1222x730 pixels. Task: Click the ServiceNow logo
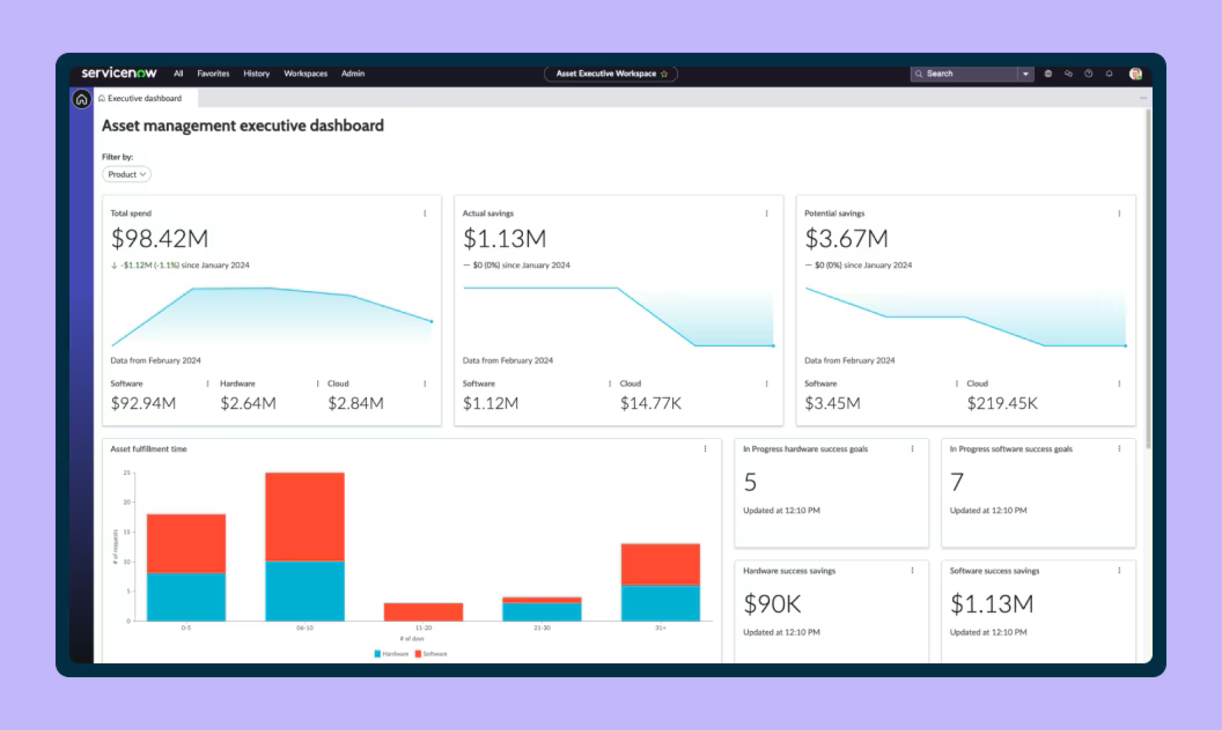(x=118, y=73)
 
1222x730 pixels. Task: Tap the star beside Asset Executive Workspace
(x=664, y=74)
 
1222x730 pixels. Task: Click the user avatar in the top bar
(x=1135, y=74)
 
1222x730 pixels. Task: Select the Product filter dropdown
(x=126, y=174)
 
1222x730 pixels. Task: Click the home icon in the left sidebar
(x=81, y=99)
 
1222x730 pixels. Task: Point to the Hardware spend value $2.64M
(x=248, y=403)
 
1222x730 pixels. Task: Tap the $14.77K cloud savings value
(x=650, y=403)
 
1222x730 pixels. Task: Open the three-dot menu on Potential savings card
(x=1119, y=213)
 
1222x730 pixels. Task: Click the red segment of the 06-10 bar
(x=305, y=517)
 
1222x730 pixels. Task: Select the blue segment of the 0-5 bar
(x=186, y=596)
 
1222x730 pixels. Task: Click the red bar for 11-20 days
(x=423, y=612)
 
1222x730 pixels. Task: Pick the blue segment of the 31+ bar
(x=660, y=603)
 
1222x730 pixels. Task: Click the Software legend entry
(x=431, y=654)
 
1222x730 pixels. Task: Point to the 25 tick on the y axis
(x=127, y=473)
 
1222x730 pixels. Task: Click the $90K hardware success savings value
(x=772, y=604)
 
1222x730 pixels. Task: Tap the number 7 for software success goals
(x=956, y=482)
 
